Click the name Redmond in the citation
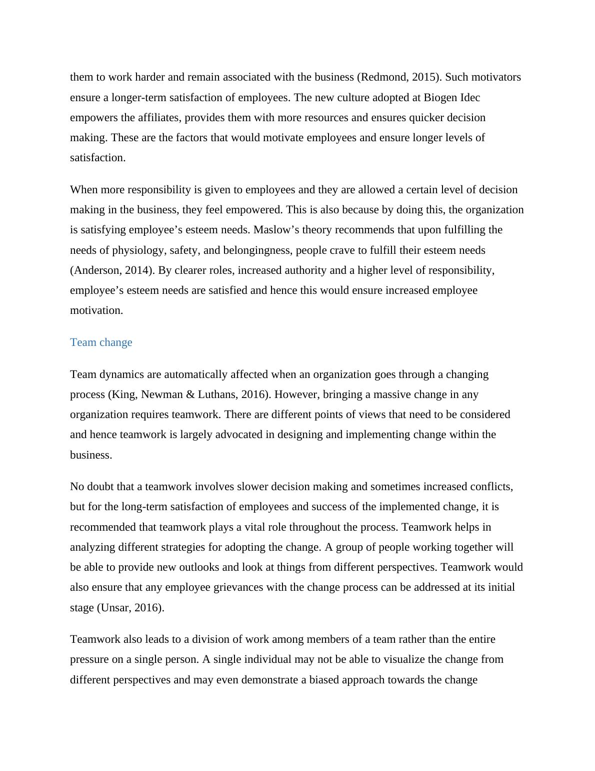click(x=384, y=77)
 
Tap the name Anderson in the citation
click(x=96, y=270)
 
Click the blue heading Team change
click(x=101, y=342)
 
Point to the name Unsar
click(x=114, y=608)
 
